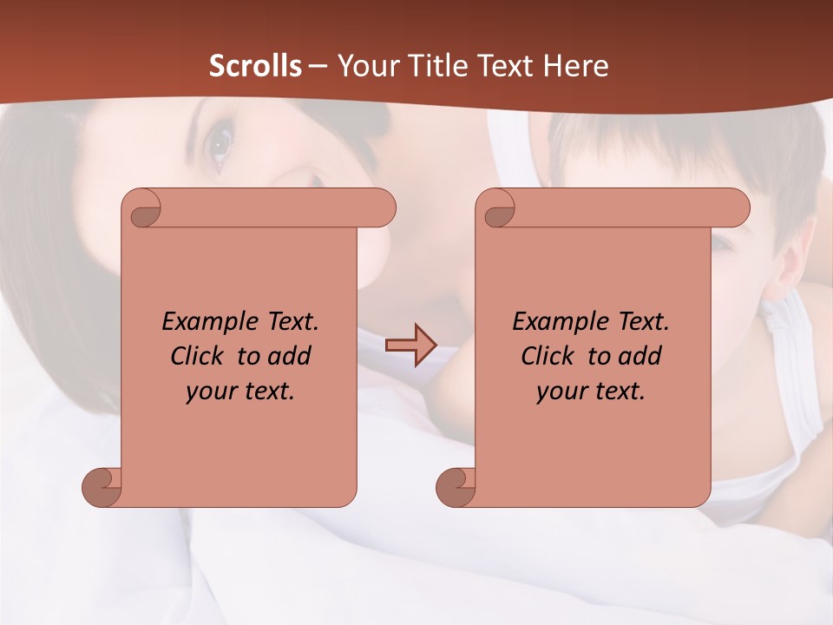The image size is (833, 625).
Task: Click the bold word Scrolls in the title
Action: pos(256,65)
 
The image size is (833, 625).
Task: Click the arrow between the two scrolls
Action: pos(410,345)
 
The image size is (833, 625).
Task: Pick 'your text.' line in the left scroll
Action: pos(240,391)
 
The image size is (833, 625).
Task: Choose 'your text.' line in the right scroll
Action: pos(591,391)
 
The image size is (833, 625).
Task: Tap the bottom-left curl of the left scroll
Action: pos(102,486)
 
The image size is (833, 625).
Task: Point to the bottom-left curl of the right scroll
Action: pos(456,486)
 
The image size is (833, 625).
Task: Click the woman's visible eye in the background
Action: pos(220,141)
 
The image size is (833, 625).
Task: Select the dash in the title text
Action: pos(318,66)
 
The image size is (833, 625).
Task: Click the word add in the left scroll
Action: pos(291,356)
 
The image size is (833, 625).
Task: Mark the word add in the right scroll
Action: pos(641,356)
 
